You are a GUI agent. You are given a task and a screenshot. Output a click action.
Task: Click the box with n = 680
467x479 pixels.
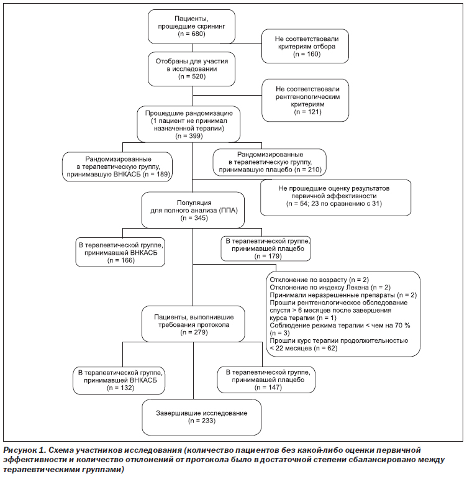coord(191,26)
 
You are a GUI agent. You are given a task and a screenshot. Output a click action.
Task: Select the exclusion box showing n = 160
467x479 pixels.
coord(305,46)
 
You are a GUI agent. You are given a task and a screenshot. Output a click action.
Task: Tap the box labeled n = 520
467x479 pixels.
coord(191,69)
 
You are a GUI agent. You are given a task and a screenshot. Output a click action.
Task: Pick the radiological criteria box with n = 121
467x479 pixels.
coord(305,100)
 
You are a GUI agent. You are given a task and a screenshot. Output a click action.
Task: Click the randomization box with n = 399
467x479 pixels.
coord(188,124)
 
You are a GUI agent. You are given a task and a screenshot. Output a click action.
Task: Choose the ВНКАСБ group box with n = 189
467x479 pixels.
coord(117,167)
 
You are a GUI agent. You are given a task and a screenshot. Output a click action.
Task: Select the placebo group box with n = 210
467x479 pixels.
coord(270,162)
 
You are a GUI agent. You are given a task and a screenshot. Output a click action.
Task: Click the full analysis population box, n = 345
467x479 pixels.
coord(193,210)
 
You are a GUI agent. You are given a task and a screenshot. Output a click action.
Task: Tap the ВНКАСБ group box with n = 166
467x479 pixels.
coord(120,252)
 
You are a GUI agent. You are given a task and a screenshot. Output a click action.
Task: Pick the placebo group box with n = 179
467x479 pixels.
coord(266,249)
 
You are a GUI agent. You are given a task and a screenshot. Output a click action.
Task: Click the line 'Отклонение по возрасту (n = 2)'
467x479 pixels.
coord(319,280)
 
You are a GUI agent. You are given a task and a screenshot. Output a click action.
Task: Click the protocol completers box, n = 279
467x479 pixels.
coord(193,324)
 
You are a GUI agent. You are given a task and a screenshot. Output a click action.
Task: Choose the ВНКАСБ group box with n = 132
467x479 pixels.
coord(119,380)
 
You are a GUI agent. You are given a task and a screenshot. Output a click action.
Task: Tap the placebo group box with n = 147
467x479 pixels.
coord(266,380)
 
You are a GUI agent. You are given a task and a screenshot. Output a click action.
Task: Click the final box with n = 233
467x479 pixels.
coord(202,417)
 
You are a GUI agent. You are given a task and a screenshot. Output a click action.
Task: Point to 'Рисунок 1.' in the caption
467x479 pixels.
coord(24,450)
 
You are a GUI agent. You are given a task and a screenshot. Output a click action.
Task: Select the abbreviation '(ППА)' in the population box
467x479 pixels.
coord(228,211)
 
